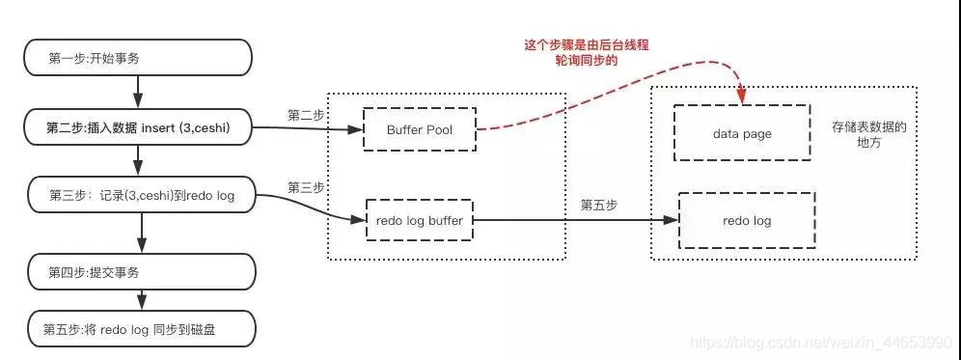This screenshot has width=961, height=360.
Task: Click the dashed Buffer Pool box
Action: (420, 128)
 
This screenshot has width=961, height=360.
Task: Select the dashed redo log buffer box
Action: (420, 220)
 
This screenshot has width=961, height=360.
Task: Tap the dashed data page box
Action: (742, 134)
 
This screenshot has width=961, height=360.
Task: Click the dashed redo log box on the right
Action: (747, 221)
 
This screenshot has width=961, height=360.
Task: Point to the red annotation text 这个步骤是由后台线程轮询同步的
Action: (570, 52)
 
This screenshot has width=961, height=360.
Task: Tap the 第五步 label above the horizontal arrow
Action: (598, 206)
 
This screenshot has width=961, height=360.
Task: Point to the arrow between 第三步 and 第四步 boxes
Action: (143, 231)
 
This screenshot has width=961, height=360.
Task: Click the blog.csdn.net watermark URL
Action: (825, 343)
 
